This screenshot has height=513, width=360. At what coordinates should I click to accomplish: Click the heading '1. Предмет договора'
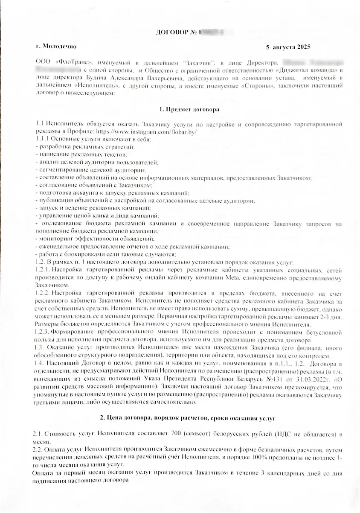point(189,109)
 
